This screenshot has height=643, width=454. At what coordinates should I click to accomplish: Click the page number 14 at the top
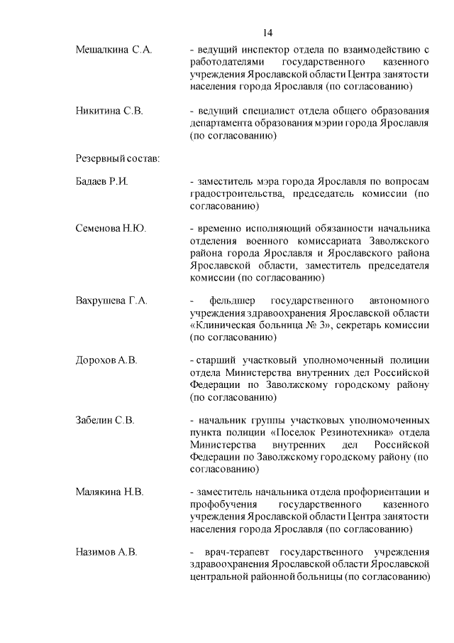pyautogui.click(x=267, y=33)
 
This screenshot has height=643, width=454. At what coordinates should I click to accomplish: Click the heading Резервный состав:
pyautogui.click(x=117, y=157)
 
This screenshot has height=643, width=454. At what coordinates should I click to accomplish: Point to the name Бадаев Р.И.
pyautogui.click(x=101, y=182)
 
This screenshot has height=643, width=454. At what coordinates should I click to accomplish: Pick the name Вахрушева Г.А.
pyautogui.click(x=111, y=301)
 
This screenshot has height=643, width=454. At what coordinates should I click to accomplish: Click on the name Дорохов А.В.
pyautogui.click(x=106, y=360)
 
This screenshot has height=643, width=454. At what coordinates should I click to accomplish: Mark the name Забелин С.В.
pyautogui.click(x=105, y=420)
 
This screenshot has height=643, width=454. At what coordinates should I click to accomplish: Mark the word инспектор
pyautogui.click(x=267, y=50)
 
